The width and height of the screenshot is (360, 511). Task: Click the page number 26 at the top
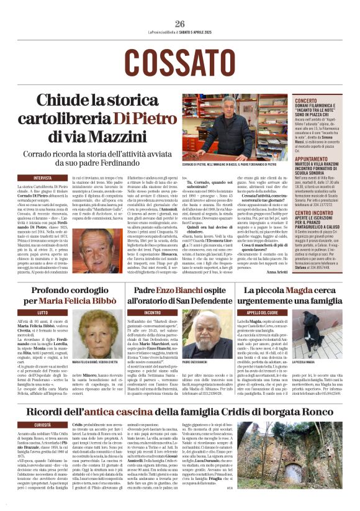pyautogui.click(x=180, y=24)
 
